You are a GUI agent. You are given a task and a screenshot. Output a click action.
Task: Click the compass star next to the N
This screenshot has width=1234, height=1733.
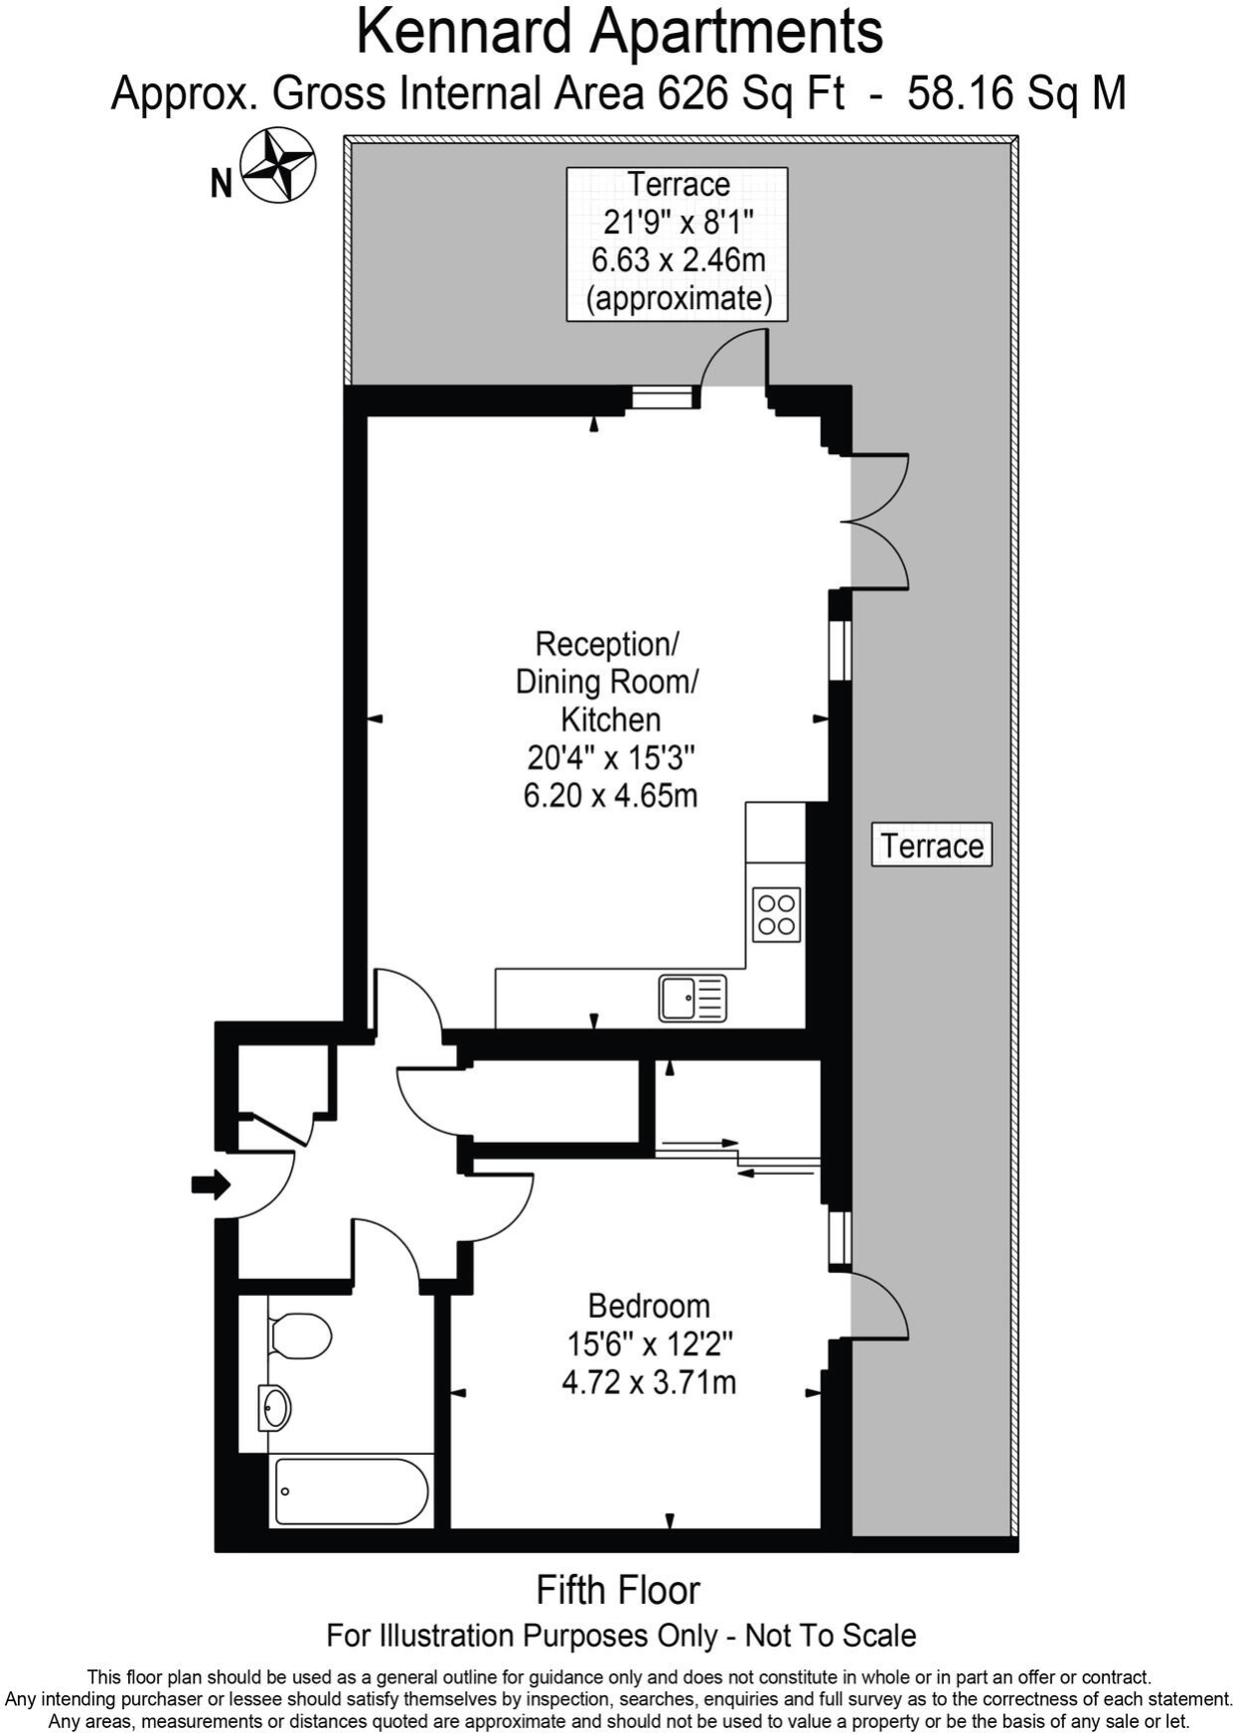click(278, 166)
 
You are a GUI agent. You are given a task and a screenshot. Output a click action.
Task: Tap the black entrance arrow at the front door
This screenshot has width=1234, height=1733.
click(211, 1184)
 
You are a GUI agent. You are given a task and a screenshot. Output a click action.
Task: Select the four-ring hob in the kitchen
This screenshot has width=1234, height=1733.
click(776, 914)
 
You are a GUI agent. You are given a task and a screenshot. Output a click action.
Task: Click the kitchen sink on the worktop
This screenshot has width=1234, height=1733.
click(693, 998)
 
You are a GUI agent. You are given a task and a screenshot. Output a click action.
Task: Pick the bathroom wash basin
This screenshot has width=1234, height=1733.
click(274, 1407)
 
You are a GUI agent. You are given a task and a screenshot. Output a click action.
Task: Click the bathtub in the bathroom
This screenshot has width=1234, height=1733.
click(352, 1491)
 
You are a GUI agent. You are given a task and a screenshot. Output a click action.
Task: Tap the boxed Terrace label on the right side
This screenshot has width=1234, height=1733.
click(932, 845)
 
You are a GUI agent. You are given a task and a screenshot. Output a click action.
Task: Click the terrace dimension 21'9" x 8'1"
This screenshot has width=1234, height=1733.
click(679, 222)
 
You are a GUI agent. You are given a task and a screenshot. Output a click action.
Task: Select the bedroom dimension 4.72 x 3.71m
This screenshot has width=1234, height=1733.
click(649, 1381)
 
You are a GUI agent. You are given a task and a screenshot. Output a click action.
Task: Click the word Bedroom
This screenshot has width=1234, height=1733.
click(649, 1305)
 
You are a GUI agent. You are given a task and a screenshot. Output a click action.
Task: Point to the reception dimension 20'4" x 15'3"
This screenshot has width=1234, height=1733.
click(610, 757)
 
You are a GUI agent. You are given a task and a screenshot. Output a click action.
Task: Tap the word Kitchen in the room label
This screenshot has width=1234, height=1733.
click(610, 718)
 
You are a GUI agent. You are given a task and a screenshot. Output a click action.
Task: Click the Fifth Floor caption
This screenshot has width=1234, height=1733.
click(618, 1590)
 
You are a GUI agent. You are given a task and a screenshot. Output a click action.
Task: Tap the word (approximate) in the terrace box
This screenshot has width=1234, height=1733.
click(679, 298)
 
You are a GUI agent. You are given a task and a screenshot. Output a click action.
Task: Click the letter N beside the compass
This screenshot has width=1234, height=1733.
click(221, 183)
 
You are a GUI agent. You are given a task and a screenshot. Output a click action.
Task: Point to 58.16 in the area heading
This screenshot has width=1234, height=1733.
click(962, 93)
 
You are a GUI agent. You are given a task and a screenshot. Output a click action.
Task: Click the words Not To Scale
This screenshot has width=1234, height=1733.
click(831, 1636)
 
